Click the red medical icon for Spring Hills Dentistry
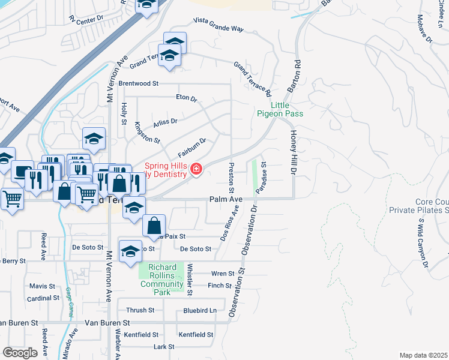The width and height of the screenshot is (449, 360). tap(196, 170)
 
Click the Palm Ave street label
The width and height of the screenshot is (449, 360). tap(226, 199)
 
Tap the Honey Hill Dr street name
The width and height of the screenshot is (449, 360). tap(294, 153)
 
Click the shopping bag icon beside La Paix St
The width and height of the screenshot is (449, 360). tap(154, 226)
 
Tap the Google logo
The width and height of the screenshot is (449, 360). tap(20, 352)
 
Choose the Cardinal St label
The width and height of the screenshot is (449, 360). tap(43, 298)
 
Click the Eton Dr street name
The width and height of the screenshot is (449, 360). tap(186, 98)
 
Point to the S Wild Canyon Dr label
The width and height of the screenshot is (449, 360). tap(423, 247)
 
